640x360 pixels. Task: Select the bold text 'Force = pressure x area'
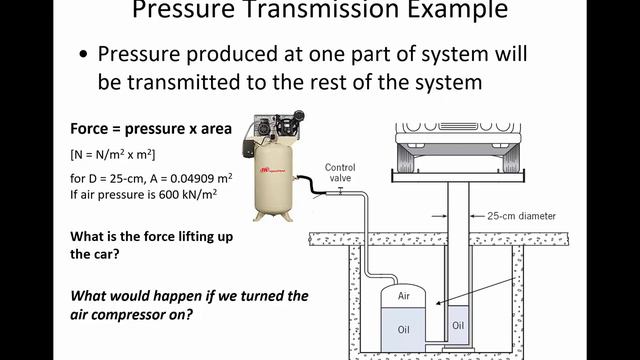(151, 129)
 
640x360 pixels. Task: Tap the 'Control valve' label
(340, 172)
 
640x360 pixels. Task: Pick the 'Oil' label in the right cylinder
(458, 325)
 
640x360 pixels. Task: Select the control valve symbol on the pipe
(340, 189)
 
